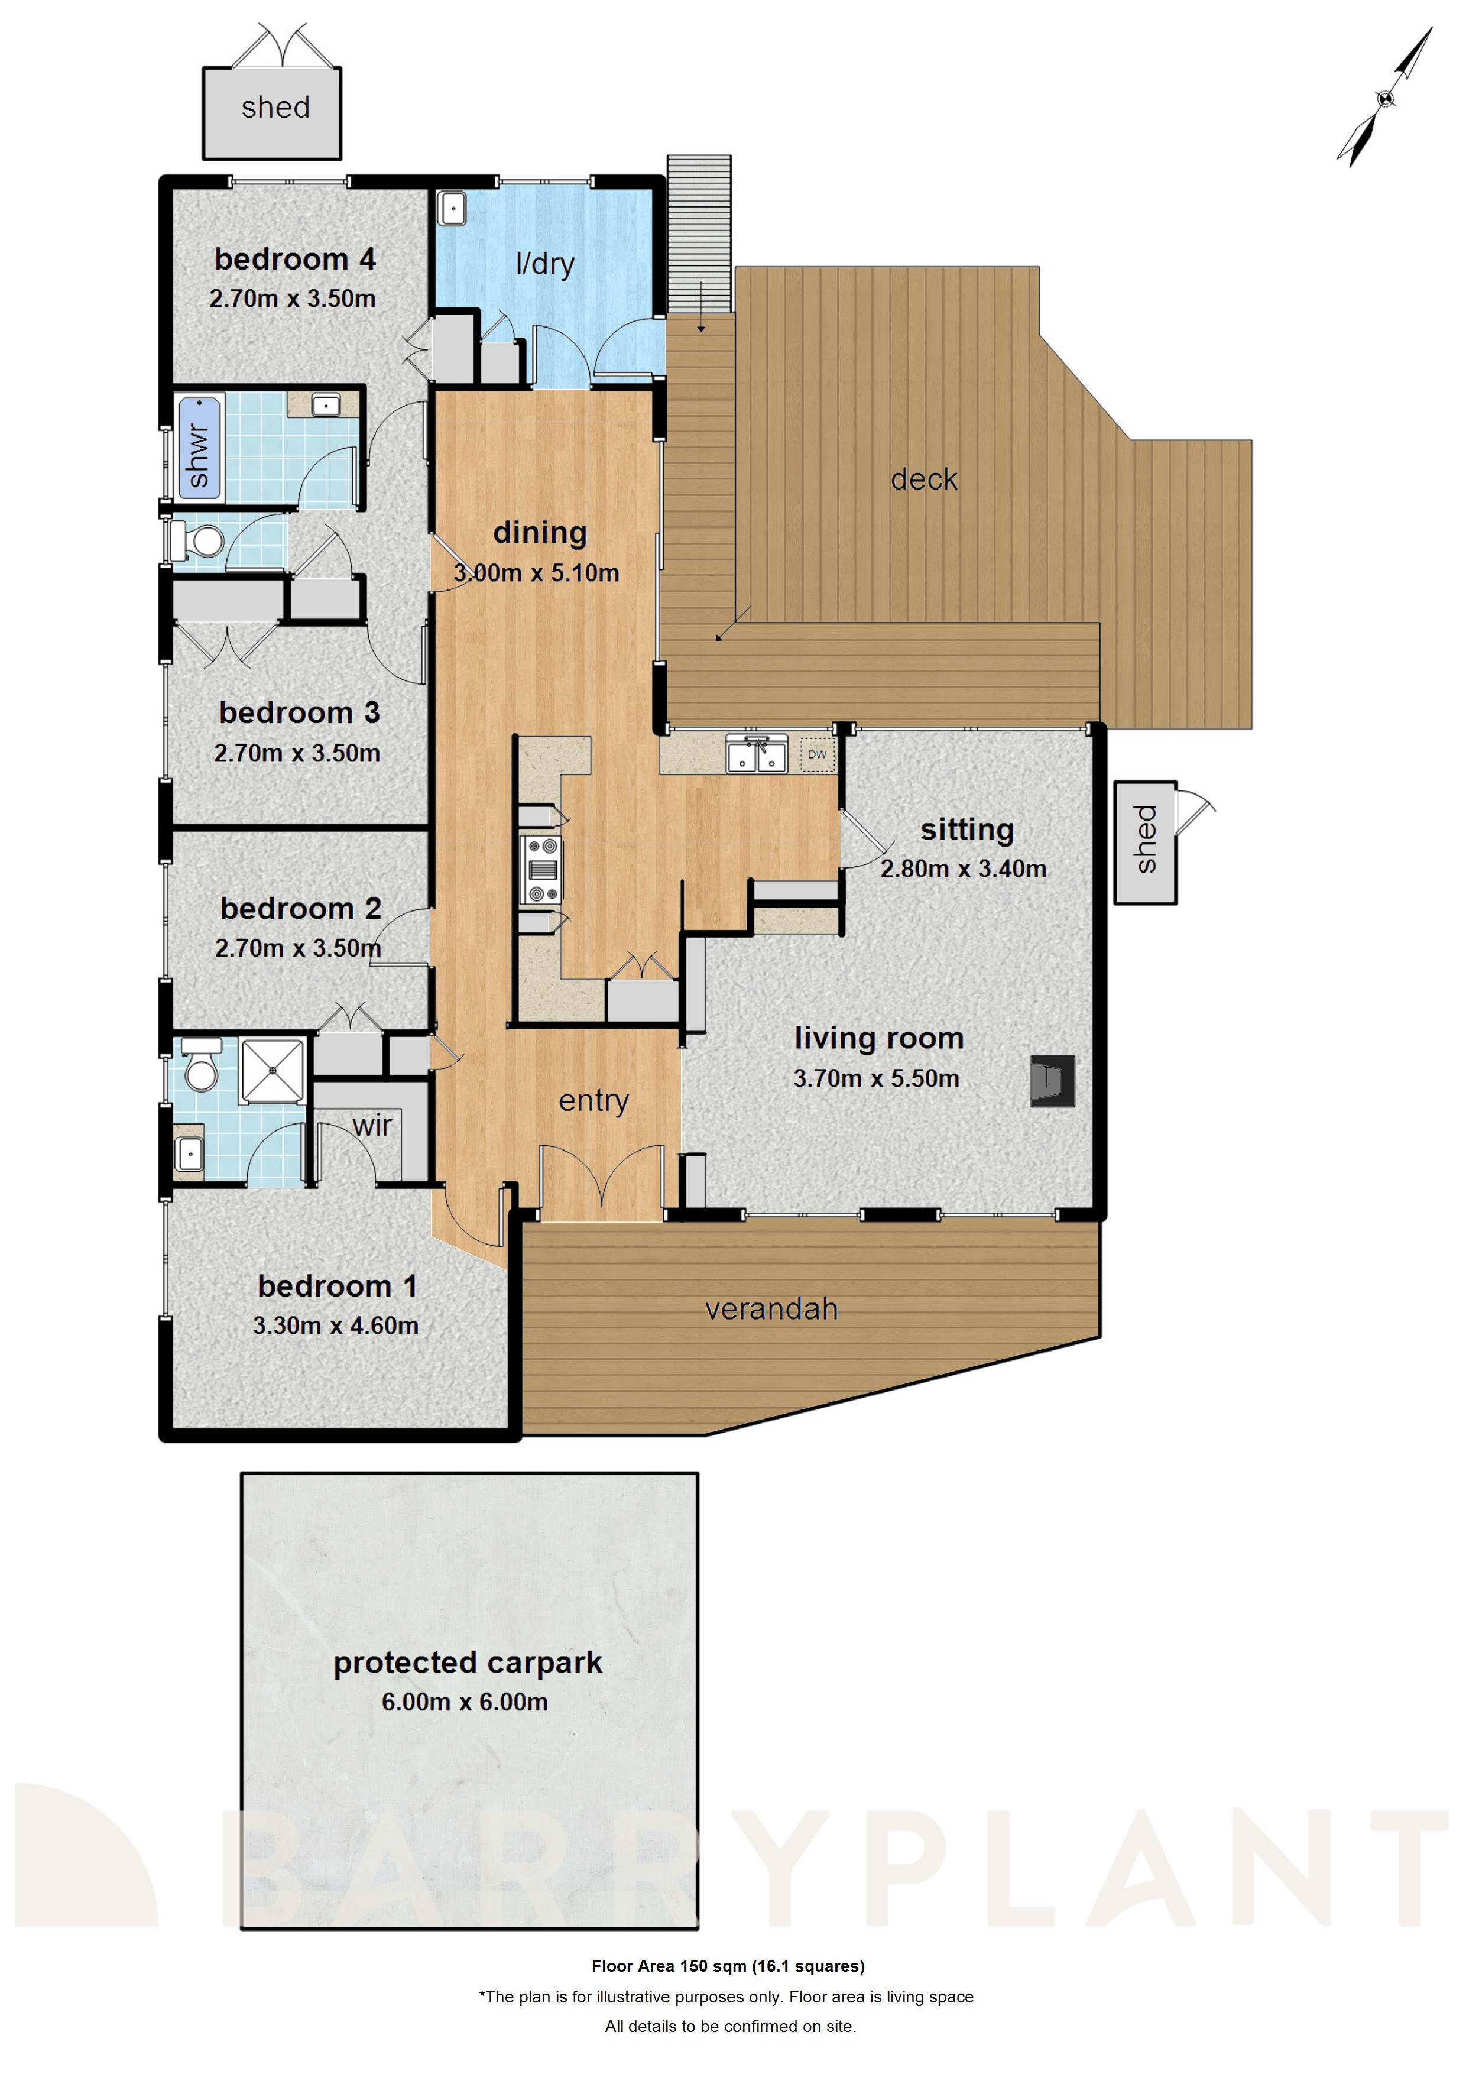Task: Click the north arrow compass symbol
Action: (x=1384, y=98)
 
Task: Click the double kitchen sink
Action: (x=756, y=755)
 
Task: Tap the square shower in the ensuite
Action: (x=272, y=1071)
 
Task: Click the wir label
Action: (x=372, y=1126)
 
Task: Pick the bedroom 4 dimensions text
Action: (x=292, y=299)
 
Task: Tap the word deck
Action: (x=923, y=479)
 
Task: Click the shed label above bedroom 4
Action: (x=275, y=108)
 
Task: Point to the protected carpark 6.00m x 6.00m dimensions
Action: (x=464, y=1702)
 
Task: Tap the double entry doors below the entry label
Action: (x=602, y=1179)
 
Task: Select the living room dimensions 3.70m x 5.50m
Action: (x=875, y=1078)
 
